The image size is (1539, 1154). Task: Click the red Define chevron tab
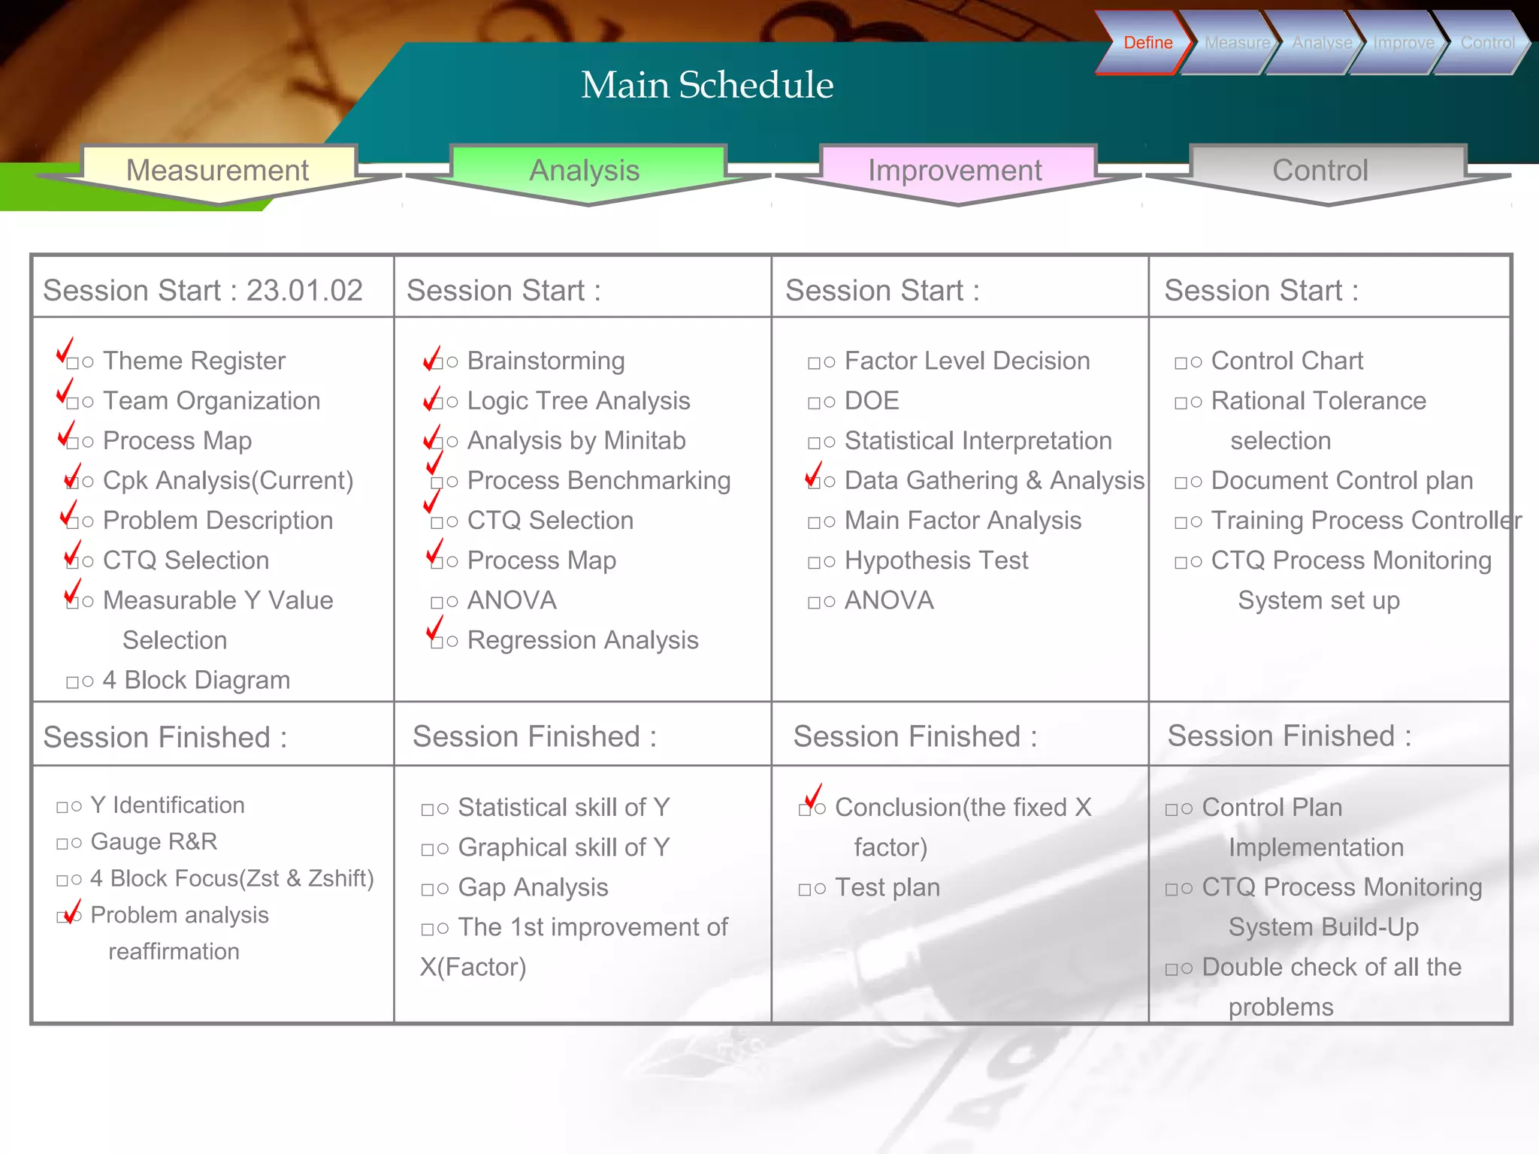(1146, 43)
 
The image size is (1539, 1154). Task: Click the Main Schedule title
(707, 84)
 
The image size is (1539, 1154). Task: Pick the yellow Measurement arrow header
(217, 171)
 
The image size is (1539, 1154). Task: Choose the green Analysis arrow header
(585, 171)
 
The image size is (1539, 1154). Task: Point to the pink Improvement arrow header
(954, 171)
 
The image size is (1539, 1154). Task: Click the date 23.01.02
(304, 291)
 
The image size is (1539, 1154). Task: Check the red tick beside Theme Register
(65, 350)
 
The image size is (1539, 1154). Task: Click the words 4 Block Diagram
(196, 680)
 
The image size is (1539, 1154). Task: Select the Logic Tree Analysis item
(578, 401)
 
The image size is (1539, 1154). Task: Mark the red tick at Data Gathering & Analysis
(813, 474)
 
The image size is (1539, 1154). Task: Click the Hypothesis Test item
(936, 560)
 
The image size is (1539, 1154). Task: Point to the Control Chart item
(1287, 361)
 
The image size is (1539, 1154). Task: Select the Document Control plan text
(1341, 481)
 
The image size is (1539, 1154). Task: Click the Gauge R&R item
(153, 841)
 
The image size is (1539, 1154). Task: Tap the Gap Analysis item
(533, 887)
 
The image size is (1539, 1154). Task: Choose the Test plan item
(887, 887)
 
